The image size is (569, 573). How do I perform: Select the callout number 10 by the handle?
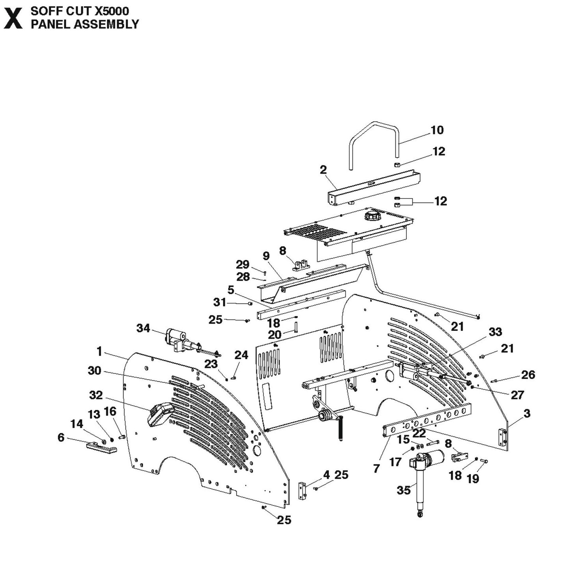click(x=437, y=130)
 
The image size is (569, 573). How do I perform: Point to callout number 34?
click(x=143, y=328)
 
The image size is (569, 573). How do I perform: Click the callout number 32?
click(x=96, y=395)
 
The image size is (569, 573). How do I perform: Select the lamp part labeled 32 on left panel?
click(x=160, y=414)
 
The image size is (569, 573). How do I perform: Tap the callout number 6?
click(x=61, y=438)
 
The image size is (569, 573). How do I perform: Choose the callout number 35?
click(x=404, y=490)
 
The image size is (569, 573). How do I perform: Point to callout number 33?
click(x=495, y=332)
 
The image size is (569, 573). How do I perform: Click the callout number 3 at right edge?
click(x=527, y=414)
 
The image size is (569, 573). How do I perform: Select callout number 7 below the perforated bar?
click(x=376, y=469)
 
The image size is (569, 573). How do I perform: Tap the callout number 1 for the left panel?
click(x=99, y=351)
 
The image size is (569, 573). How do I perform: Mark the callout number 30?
click(x=95, y=371)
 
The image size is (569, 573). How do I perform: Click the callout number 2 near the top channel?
click(x=323, y=170)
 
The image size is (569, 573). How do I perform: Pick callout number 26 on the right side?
click(x=528, y=375)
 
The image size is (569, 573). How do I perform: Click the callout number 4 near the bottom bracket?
click(x=326, y=475)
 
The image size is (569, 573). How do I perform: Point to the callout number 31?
click(x=220, y=302)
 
